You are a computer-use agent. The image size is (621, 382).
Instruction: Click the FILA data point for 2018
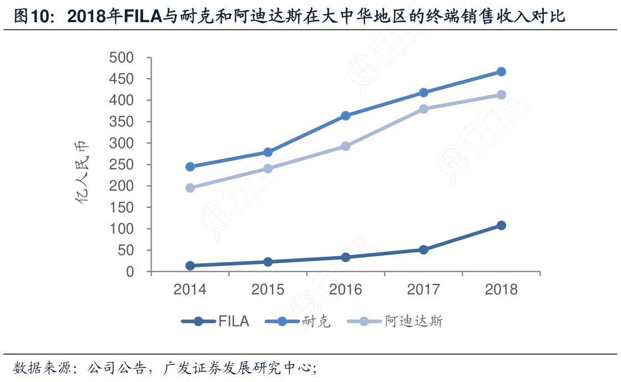pyautogui.click(x=501, y=225)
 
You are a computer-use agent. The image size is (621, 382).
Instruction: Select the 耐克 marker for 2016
pyautogui.click(x=346, y=116)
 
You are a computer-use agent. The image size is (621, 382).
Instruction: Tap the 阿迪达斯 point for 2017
pyautogui.click(x=423, y=109)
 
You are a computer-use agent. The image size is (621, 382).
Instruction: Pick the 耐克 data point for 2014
pyautogui.click(x=190, y=166)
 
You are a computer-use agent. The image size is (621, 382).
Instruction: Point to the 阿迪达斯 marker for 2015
pyautogui.click(x=268, y=169)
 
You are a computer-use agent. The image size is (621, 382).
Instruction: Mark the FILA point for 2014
pyautogui.click(x=190, y=266)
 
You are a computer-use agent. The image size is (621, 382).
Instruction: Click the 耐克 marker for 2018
pyautogui.click(x=501, y=72)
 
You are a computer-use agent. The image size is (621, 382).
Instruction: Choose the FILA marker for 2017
pyautogui.click(x=423, y=249)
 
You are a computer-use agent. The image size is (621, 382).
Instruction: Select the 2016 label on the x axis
pyautogui.click(x=346, y=289)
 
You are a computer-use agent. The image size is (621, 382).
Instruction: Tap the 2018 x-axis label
pyautogui.click(x=501, y=289)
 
